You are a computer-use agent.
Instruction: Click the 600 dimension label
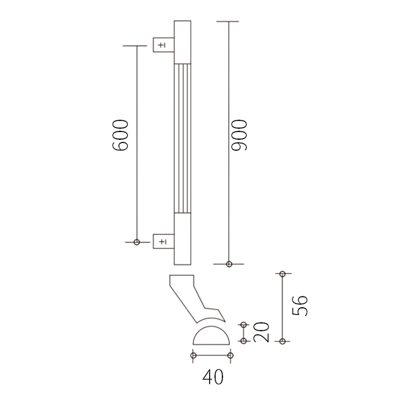[x=120, y=135]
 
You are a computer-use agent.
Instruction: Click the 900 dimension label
[x=239, y=135]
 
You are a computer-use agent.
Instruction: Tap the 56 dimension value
[x=300, y=306]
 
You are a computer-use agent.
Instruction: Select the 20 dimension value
[x=261, y=332]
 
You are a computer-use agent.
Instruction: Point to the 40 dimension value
[x=213, y=377]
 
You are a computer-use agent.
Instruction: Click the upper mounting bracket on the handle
[x=164, y=45]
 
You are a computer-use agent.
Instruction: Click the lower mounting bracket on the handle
[x=164, y=241]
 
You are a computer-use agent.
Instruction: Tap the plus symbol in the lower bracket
[x=162, y=241]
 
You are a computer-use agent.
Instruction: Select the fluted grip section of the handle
[x=183, y=138]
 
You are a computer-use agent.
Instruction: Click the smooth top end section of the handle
[x=183, y=42]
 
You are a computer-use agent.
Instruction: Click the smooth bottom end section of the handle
[x=183, y=239]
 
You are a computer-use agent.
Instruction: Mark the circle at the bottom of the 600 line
[x=137, y=242]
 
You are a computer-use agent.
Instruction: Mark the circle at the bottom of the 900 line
[x=229, y=264]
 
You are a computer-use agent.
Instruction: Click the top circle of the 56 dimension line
[x=282, y=274]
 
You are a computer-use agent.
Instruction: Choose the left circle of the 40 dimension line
[x=194, y=355]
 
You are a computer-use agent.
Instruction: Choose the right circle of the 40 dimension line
[x=231, y=355]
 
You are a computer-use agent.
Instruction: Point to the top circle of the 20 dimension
[x=244, y=325]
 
